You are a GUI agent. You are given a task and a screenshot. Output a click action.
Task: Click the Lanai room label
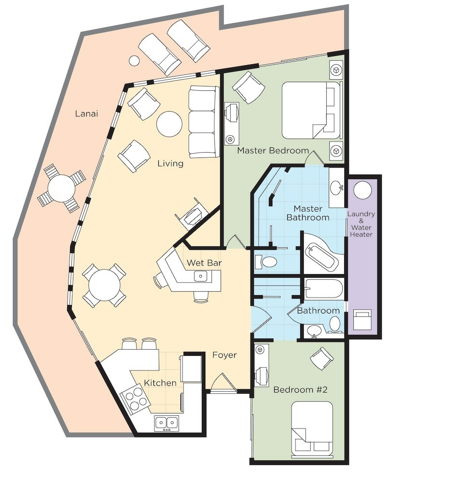pyautogui.click(x=86, y=114)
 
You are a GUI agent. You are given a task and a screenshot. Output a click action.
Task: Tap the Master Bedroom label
pyautogui.click(x=273, y=150)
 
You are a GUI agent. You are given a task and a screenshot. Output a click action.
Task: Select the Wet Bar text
pyautogui.click(x=204, y=263)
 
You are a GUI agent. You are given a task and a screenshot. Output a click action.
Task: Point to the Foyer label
pyautogui.click(x=224, y=355)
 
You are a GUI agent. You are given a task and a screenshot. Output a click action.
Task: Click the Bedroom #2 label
pyautogui.click(x=300, y=390)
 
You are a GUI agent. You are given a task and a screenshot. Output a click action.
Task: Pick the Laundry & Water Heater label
pyautogui.click(x=361, y=224)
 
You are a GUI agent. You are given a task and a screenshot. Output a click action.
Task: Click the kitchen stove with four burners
pyautogui.click(x=135, y=399)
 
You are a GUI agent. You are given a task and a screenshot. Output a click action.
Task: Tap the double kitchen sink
pyautogui.click(x=167, y=424)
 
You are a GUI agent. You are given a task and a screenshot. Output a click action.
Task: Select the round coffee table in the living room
pyautogui.click(x=169, y=124)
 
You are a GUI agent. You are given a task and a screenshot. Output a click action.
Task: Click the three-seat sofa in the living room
pyautogui.click(x=204, y=122)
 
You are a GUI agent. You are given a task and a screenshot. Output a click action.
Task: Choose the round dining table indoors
pyautogui.click(x=104, y=285)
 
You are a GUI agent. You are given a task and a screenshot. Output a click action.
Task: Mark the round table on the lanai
pyautogui.click(x=62, y=188)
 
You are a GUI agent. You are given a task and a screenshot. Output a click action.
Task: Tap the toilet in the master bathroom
pyautogui.click(x=266, y=262)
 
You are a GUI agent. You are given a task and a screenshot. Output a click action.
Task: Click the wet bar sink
pyautogui.click(x=201, y=276)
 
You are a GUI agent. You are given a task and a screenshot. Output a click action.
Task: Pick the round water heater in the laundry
pyautogui.click(x=362, y=189)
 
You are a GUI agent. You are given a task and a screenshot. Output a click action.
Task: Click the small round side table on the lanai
pyautogui.click(x=134, y=60)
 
